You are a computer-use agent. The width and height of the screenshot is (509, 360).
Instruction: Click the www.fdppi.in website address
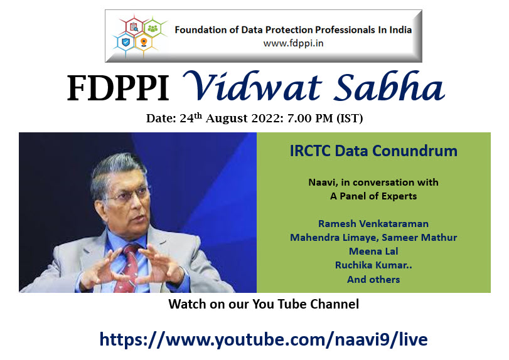(x=293, y=43)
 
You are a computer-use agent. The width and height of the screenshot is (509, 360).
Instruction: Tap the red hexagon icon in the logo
(x=134, y=27)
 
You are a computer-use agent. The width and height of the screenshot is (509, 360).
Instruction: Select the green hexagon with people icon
(x=153, y=28)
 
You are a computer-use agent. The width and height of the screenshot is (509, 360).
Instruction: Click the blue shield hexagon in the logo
(x=126, y=42)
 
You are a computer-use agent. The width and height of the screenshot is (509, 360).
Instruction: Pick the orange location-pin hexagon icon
(x=144, y=42)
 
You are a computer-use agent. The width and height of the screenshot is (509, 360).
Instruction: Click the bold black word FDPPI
(x=118, y=88)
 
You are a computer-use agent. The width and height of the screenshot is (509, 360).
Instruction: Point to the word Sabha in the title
(x=389, y=87)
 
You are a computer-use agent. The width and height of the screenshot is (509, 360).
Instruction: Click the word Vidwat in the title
(x=252, y=87)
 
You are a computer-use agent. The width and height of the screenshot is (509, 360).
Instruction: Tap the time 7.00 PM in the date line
(x=310, y=119)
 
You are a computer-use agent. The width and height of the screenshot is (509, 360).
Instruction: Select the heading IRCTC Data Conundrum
(x=373, y=151)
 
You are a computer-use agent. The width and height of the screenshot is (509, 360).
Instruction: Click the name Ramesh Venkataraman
(x=373, y=223)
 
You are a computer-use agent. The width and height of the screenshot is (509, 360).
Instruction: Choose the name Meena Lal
(x=373, y=251)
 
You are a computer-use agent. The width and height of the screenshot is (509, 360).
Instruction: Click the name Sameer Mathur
(x=419, y=238)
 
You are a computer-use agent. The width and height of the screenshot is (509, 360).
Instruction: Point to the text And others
(x=373, y=279)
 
